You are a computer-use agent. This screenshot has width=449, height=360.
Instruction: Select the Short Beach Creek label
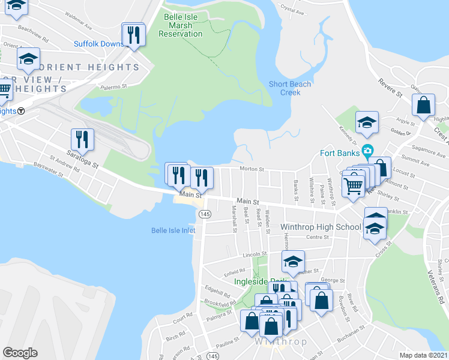(290, 88)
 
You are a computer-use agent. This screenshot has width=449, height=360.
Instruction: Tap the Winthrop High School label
(321, 227)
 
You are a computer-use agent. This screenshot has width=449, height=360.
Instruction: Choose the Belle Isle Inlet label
(173, 230)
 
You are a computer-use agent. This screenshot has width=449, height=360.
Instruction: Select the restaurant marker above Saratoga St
(83, 140)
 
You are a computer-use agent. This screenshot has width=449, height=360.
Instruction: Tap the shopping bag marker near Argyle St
(424, 106)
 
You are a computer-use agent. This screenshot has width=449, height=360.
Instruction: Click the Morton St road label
(252, 169)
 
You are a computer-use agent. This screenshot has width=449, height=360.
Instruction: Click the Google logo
(20, 353)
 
